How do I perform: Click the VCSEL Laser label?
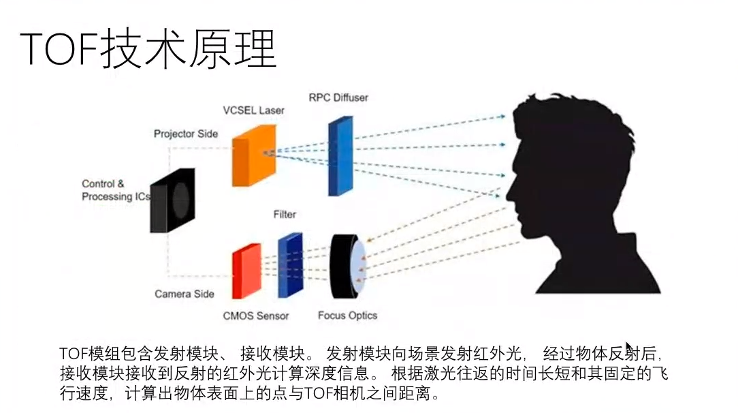point(253,110)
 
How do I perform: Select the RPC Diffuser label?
point(338,97)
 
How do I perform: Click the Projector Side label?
point(185,134)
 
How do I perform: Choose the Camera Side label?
point(184,294)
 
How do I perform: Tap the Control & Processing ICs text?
point(114,190)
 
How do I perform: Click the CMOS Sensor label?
point(256,316)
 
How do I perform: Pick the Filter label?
point(285,214)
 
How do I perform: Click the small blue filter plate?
point(289,265)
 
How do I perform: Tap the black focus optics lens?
point(346,268)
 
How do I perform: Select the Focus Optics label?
point(347,316)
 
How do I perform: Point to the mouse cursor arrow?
point(628,348)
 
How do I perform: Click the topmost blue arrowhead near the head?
point(502,117)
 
